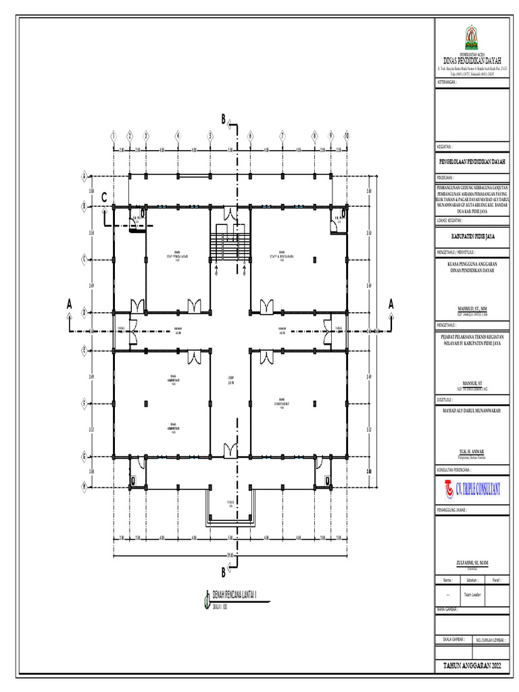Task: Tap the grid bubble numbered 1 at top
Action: point(114,136)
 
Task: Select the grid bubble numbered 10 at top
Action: point(346,136)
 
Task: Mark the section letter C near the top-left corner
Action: point(104,197)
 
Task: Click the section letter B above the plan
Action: point(223,120)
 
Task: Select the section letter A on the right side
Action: point(391,305)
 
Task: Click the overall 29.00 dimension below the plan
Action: point(230,555)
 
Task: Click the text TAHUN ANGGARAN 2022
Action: point(472,666)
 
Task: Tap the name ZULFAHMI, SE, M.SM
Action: point(472,562)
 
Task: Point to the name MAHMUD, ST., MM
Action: point(472,306)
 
